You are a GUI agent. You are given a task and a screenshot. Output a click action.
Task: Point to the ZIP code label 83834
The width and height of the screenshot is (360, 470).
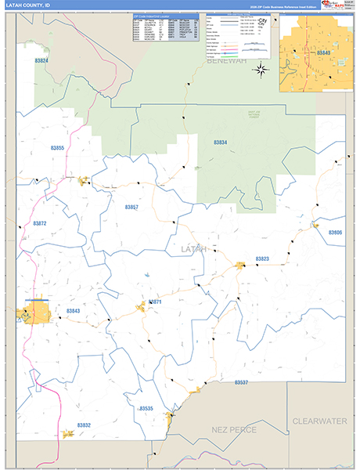click(x=220, y=143)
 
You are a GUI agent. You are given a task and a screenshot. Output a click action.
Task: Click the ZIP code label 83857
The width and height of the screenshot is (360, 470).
click(x=131, y=207)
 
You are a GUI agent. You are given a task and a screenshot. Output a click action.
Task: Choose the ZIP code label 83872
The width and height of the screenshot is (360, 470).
click(x=40, y=223)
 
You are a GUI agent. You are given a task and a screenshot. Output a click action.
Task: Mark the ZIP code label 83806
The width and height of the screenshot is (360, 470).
click(x=336, y=233)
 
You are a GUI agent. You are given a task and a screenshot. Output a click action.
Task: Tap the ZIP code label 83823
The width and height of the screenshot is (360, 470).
click(x=262, y=258)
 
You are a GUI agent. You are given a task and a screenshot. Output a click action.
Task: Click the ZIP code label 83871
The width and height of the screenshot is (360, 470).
click(x=154, y=302)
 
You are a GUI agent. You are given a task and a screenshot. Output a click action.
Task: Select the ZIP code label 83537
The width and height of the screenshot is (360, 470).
click(x=241, y=382)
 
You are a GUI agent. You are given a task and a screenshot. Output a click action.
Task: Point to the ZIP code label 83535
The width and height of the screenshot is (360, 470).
click(x=146, y=408)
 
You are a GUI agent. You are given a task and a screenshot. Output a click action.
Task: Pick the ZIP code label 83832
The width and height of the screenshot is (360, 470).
click(x=84, y=425)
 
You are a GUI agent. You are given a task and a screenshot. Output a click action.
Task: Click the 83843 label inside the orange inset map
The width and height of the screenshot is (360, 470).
click(x=324, y=52)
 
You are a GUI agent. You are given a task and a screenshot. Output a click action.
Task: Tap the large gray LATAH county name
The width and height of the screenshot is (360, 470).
click(x=194, y=249)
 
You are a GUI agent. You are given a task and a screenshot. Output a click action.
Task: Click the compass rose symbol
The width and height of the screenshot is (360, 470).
click(x=261, y=68)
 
